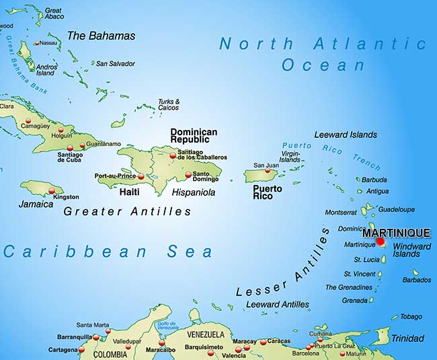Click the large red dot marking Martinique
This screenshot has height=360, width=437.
[380, 241]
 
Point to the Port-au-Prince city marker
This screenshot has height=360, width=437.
[141, 176]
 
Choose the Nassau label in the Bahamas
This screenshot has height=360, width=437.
[48, 43]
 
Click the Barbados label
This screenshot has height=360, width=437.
[416, 280]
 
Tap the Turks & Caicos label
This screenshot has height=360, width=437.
[168, 105]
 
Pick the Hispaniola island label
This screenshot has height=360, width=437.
[194, 192]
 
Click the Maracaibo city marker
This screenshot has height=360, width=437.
[161, 342]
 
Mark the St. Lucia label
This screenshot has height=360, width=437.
[358, 259]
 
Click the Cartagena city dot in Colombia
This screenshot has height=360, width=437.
[82, 350]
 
